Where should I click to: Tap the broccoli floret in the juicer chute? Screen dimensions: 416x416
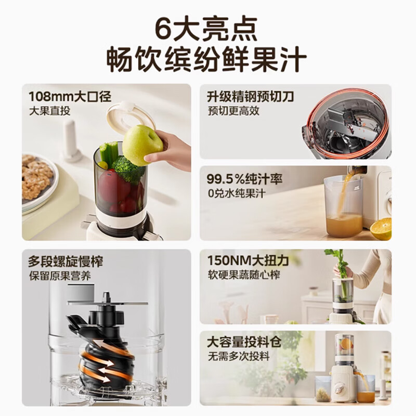[126, 167]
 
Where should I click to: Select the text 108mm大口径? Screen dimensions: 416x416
[70, 96]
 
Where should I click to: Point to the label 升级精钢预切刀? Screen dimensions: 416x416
[250, 96]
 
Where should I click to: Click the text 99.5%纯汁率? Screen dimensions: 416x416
[245, 180]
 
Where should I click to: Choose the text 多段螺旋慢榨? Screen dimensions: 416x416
[66, 262]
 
